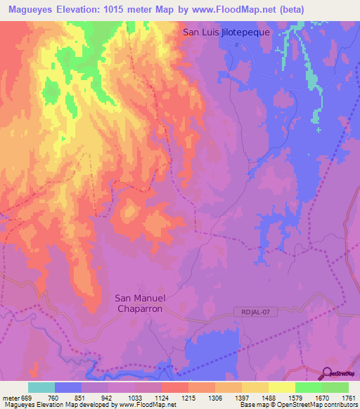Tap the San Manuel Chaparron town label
point(139,303)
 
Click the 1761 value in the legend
point(348,397)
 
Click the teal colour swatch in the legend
point(41,387)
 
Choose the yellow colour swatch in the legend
point(282,387)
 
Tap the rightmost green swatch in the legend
point(335,387)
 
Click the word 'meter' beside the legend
point(10,397)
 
